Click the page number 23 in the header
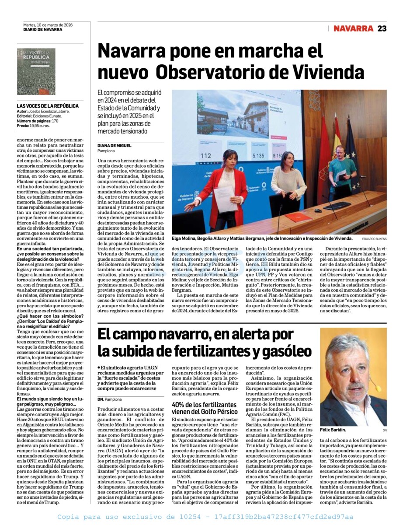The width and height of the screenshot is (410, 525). click(x=382, y=28)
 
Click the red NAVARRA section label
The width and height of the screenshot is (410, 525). click(x=353, y=28)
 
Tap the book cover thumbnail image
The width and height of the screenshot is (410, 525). click(x=36, y=71)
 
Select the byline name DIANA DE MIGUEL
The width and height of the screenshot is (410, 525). click(x=115, y=145)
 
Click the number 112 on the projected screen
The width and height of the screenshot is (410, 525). click(x=205, y=156)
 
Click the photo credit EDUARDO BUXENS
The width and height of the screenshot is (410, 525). click(x=374, y=239)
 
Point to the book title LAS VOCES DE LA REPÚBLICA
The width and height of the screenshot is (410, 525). click(x=48, y=106)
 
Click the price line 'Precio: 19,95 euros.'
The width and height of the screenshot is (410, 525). click(x=33, y=126)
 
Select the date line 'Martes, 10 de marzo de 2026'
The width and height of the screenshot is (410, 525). click(x=48, y=25)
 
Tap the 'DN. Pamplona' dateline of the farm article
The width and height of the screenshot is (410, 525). click(x=110, y=399)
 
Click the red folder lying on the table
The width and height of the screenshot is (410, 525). click(x=298, y=217)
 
